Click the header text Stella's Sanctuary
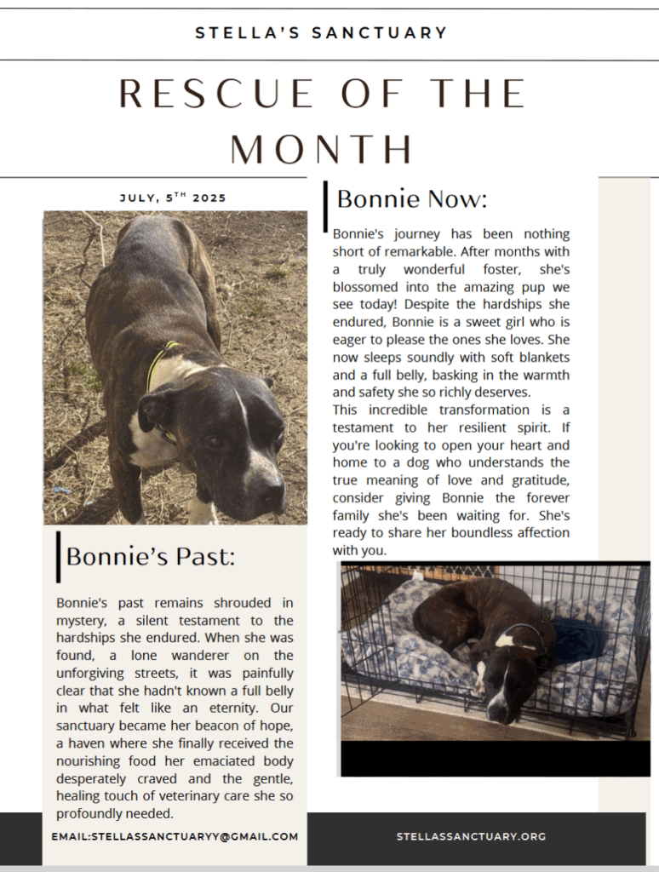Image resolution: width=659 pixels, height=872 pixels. (321, 33)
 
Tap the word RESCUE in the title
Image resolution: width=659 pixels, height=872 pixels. (218, 94)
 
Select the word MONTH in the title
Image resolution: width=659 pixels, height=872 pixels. (322, 149)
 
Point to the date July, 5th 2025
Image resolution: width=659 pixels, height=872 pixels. (173, 198)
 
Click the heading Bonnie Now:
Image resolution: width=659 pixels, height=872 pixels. (411, 199)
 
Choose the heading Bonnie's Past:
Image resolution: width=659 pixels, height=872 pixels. (150, 556)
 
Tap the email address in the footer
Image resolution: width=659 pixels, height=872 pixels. (175, 836)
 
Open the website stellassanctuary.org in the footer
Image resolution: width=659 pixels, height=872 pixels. (471, 836)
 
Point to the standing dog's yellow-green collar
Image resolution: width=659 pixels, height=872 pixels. (158, 362)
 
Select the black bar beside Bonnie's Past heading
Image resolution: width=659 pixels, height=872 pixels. (58, 556)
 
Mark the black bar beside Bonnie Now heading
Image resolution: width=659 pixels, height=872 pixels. (326, 205)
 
